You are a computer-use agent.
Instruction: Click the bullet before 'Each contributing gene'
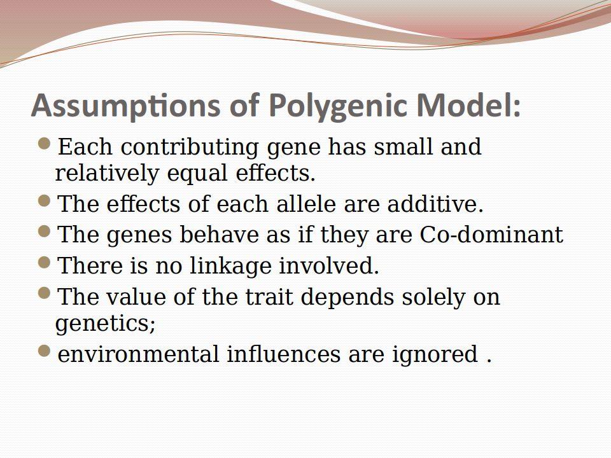(45, 144)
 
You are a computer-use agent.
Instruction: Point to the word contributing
(190, 147)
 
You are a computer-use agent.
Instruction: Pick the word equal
(197, 173)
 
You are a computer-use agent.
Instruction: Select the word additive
(435, 204)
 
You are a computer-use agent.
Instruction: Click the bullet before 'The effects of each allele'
(45, 201)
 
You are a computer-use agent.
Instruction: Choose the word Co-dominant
(491, 235)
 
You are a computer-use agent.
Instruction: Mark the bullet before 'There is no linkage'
(45, 263)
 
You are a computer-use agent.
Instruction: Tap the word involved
(329, 266)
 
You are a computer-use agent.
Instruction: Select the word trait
(269, 297)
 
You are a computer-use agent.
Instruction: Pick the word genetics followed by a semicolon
(105, 324)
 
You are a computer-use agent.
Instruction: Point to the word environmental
(138, 354)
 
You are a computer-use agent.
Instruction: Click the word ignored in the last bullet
(435, 355)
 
